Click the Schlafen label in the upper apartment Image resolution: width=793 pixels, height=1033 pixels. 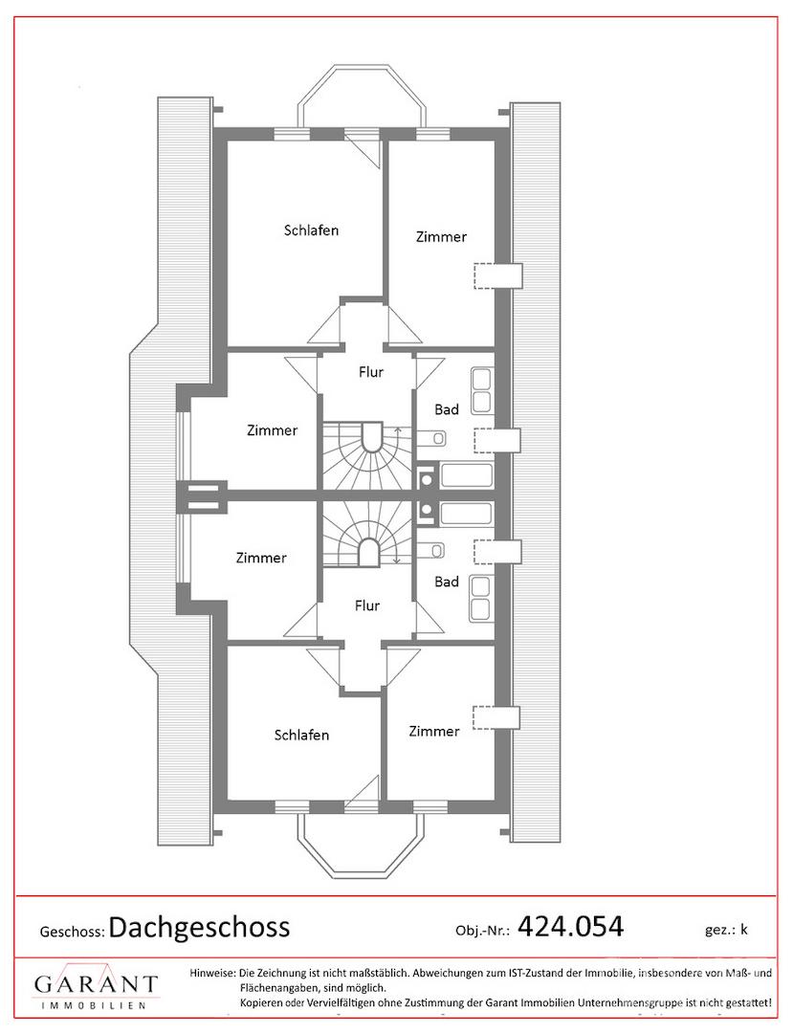312,231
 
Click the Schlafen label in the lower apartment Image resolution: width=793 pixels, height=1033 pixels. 301,736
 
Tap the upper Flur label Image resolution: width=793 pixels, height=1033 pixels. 371,372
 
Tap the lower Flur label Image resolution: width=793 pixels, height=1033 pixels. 367,605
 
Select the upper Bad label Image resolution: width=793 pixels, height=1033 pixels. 447,409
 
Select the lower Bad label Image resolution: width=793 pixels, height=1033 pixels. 447,582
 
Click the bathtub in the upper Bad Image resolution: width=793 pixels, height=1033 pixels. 466,475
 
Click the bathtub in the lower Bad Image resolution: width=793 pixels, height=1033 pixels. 466,514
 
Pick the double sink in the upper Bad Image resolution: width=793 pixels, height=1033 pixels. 481,391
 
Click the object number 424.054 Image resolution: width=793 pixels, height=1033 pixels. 570,926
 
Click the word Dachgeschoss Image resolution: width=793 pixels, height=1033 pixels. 199,928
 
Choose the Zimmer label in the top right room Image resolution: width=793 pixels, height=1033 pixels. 441,237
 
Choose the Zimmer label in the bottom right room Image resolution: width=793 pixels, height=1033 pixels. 434,732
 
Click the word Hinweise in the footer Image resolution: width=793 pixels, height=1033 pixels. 212,973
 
